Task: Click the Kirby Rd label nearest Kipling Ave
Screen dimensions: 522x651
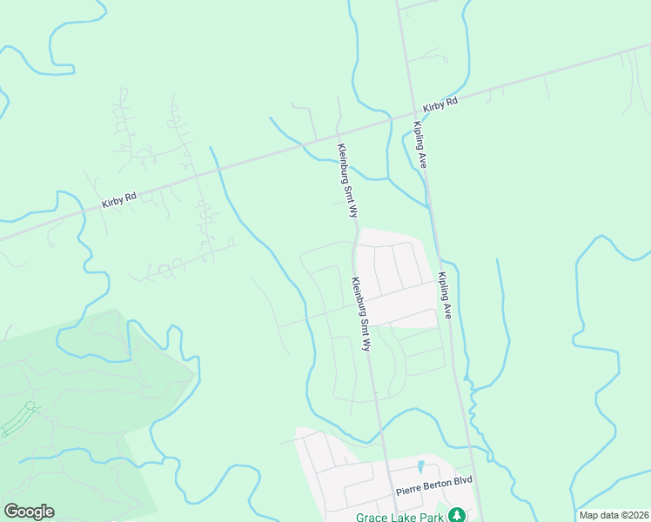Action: tap(440, 104)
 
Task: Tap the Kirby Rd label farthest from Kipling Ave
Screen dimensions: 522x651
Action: tap(119, 200)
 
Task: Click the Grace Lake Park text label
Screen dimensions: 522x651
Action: tap(399, 516)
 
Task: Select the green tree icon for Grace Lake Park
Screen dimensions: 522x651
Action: tap(455, 516)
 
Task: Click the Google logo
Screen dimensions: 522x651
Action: tap(29, 512)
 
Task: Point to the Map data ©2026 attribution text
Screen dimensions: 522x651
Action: tap(613, 515)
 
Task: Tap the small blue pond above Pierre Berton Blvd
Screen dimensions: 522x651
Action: tap(421, 467)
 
